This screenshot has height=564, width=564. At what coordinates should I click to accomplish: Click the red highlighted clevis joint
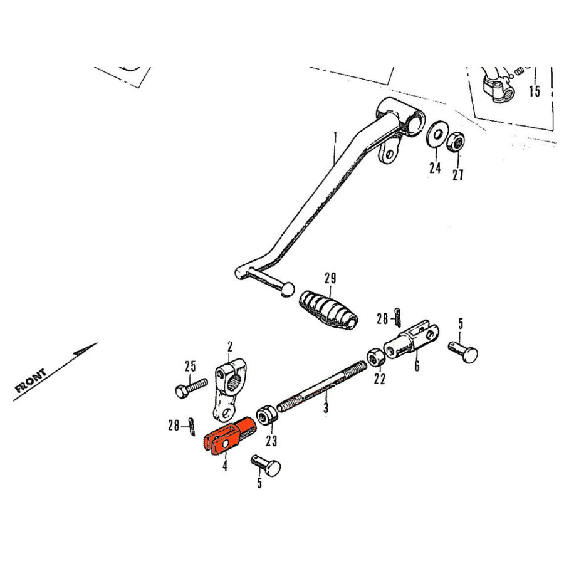point(229,436)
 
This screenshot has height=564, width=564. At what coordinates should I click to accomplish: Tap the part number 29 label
point(330,278)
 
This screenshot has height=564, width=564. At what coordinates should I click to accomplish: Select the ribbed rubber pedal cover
point(328,310)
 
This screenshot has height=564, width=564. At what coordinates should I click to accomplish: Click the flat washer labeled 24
point(437,135)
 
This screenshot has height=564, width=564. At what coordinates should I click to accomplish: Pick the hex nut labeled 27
point(456,142)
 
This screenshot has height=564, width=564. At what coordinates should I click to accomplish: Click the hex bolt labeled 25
point(191,387)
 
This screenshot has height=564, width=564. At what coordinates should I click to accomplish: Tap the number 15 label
point(535,91)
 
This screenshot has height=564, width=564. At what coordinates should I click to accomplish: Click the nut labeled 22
point(376,357)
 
